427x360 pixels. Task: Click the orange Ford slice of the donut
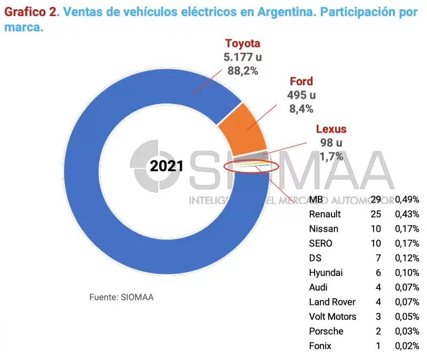[x=242, y=129]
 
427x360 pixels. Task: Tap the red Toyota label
[x=242, y=44]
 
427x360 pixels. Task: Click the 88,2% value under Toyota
[x=242, y=70]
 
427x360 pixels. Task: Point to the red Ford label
[x=301, y=82]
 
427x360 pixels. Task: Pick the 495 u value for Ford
[x=301, y=95]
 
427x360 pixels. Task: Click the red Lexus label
[x=331, y=130]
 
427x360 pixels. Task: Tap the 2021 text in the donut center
[x=167, y=166]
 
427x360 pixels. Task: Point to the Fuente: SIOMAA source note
[x=121, y=297]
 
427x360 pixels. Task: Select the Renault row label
[x=325, y=214]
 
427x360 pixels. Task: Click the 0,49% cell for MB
[x=407, y=199]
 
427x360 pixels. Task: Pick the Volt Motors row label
[x=333, y=317]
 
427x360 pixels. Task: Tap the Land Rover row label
[x=332, y=302]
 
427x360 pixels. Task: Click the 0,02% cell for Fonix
[x=407, y=346]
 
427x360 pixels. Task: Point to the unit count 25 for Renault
[x=376, y=214]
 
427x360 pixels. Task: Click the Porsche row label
[x=326, y=331]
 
